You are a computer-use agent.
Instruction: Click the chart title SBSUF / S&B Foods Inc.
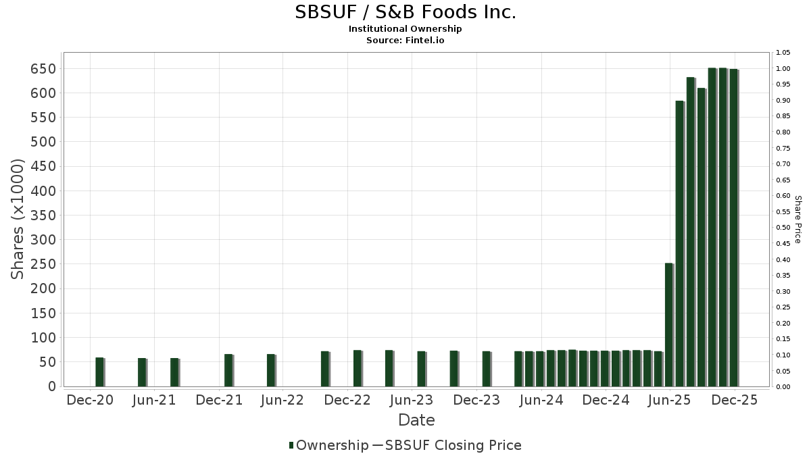point(405,12)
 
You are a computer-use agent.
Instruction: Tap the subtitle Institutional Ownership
point(405,29)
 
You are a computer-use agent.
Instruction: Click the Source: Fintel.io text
point(405,41)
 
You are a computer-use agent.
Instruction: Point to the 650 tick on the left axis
point(43,69)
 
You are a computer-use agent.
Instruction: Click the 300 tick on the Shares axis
point(43,240)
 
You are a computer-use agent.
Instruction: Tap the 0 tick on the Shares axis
point(51,386)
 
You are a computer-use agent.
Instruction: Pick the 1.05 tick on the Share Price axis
point(783,53)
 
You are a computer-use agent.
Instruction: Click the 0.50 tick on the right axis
point(783,228)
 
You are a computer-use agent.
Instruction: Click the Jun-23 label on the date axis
point(412,400)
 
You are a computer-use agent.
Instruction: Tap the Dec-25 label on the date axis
point(734,400)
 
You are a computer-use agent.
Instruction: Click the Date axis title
point(416,420)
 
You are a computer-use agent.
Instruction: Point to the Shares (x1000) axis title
point(18,219)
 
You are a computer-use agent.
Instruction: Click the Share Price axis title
point(797,219)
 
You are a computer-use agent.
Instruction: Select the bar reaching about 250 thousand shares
point(669,324)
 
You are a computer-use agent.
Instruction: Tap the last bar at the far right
point(733,227)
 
